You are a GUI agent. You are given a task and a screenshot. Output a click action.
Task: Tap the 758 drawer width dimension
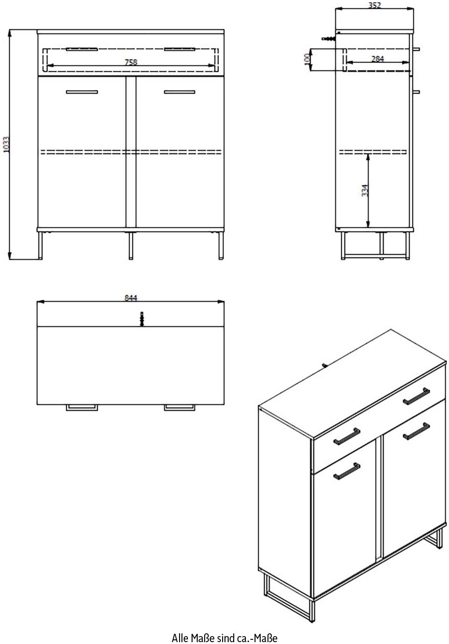[131, 62]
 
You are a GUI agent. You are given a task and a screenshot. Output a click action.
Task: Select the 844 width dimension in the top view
[131, 298]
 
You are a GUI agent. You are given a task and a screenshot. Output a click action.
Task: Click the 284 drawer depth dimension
[377, 59]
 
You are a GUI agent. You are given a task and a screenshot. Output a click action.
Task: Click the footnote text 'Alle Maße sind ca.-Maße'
[224, 638]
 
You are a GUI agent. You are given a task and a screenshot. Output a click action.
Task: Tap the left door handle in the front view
[82, 92]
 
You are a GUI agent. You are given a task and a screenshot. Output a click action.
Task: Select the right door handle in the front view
[180, 92]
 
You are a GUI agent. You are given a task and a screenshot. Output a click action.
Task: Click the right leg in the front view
[221, 245]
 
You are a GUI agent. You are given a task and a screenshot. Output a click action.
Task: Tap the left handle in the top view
[81, 407]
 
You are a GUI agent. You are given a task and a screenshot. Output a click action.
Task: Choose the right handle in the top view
[180, 407]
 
